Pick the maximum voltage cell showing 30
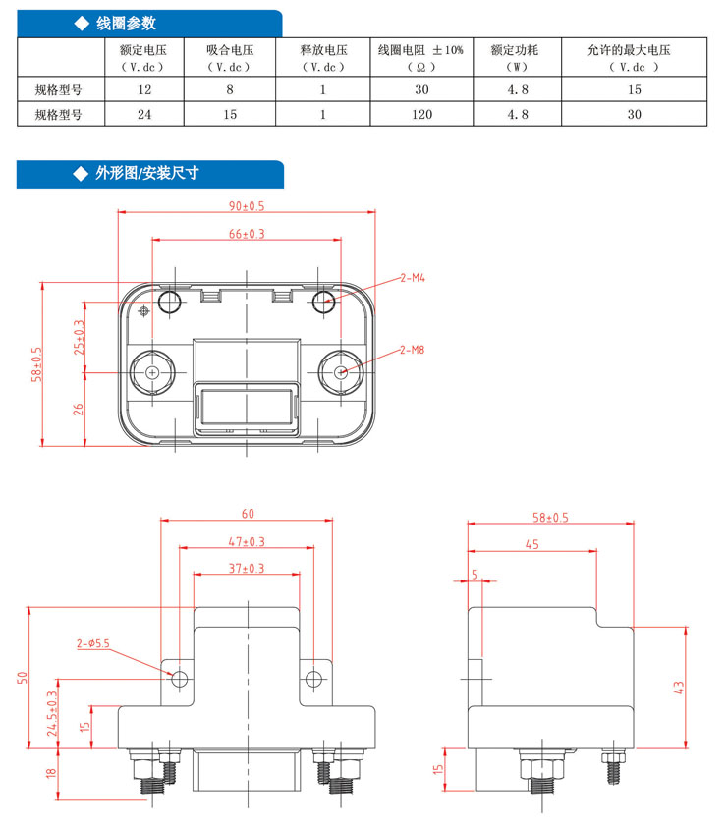tap(634, 114)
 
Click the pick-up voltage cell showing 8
tap(230, 89)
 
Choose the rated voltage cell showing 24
tap(140, 114)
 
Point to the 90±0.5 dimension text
tap(248, 206)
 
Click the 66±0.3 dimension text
tap(248, 234)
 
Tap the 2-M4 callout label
tap(413, 278)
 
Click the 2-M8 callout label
tap(413, 349)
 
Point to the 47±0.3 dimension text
tap(247, 541)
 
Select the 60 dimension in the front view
tap(248, 514)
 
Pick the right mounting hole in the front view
tap(313, 679)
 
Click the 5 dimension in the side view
tap(475, 574)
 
